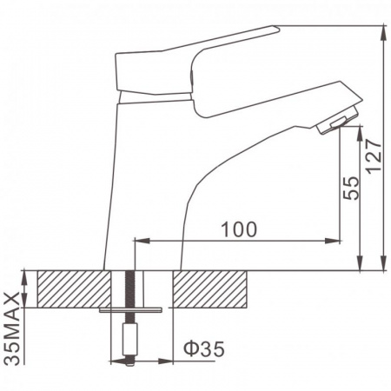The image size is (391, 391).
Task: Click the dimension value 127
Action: [x=374, y=156]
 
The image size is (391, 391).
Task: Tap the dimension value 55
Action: [x=351, y=188]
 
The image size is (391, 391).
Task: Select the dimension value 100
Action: [x=239, y=229]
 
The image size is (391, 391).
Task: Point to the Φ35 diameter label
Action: [x=204, y=348]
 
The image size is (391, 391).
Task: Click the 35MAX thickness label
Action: [x=12, y=328]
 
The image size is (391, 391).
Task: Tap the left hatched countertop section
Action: [x=74, y=289]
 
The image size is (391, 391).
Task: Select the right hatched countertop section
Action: [x=209, y=289]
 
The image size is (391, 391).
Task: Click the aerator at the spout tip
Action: [x=336, y=123]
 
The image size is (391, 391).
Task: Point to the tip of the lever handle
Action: [x=279, y=28]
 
